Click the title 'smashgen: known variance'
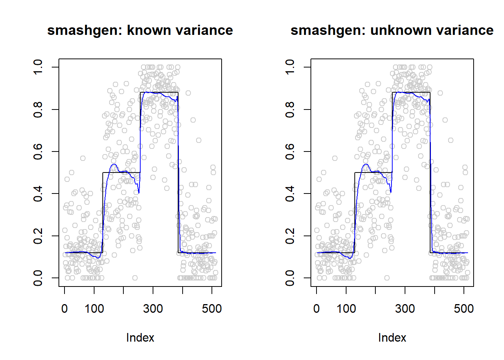[140, 30]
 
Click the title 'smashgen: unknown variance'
[392, 30]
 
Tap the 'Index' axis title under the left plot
[140, 337]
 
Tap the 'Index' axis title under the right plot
[392, 337]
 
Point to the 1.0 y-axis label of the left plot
[38, 67]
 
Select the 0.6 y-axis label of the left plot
[38, 151]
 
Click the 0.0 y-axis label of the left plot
[38, 278]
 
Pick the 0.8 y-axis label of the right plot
[290, 109]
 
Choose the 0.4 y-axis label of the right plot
[290, 193]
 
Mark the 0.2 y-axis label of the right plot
[290, 236]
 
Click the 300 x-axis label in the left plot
[153, 309]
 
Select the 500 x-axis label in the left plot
[212, 309]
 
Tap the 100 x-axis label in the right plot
[346, 309]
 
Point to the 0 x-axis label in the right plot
[316, 309]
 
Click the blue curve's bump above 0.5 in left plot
[114, 165]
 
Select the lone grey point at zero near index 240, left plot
[135, 278]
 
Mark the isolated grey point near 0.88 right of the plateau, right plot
[440, 93]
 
